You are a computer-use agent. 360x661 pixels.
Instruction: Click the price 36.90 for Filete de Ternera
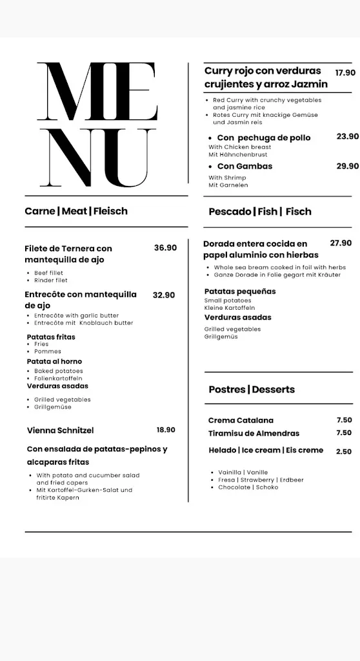165,248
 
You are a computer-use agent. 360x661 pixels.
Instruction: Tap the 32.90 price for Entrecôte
164,295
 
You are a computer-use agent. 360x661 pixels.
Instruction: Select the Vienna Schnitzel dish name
61,431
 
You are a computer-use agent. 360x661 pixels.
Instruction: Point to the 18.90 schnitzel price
166,430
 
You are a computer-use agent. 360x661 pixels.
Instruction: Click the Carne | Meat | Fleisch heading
76,211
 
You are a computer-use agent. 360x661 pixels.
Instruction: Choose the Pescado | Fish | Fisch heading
260,212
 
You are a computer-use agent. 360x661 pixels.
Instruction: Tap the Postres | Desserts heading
252,389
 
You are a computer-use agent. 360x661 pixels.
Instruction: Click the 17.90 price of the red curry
345,73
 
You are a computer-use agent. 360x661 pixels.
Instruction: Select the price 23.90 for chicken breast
348,136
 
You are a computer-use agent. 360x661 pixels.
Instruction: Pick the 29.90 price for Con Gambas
348,166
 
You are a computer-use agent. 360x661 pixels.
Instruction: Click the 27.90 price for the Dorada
341,243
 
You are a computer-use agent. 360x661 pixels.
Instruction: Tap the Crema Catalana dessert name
241,420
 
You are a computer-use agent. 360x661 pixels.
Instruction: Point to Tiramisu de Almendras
254,433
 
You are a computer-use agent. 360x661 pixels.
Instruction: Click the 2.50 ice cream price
344,452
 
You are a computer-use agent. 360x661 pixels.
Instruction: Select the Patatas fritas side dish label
51,337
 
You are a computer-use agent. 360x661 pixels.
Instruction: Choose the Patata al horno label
54,361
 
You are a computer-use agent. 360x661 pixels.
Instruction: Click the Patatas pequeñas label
240,292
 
